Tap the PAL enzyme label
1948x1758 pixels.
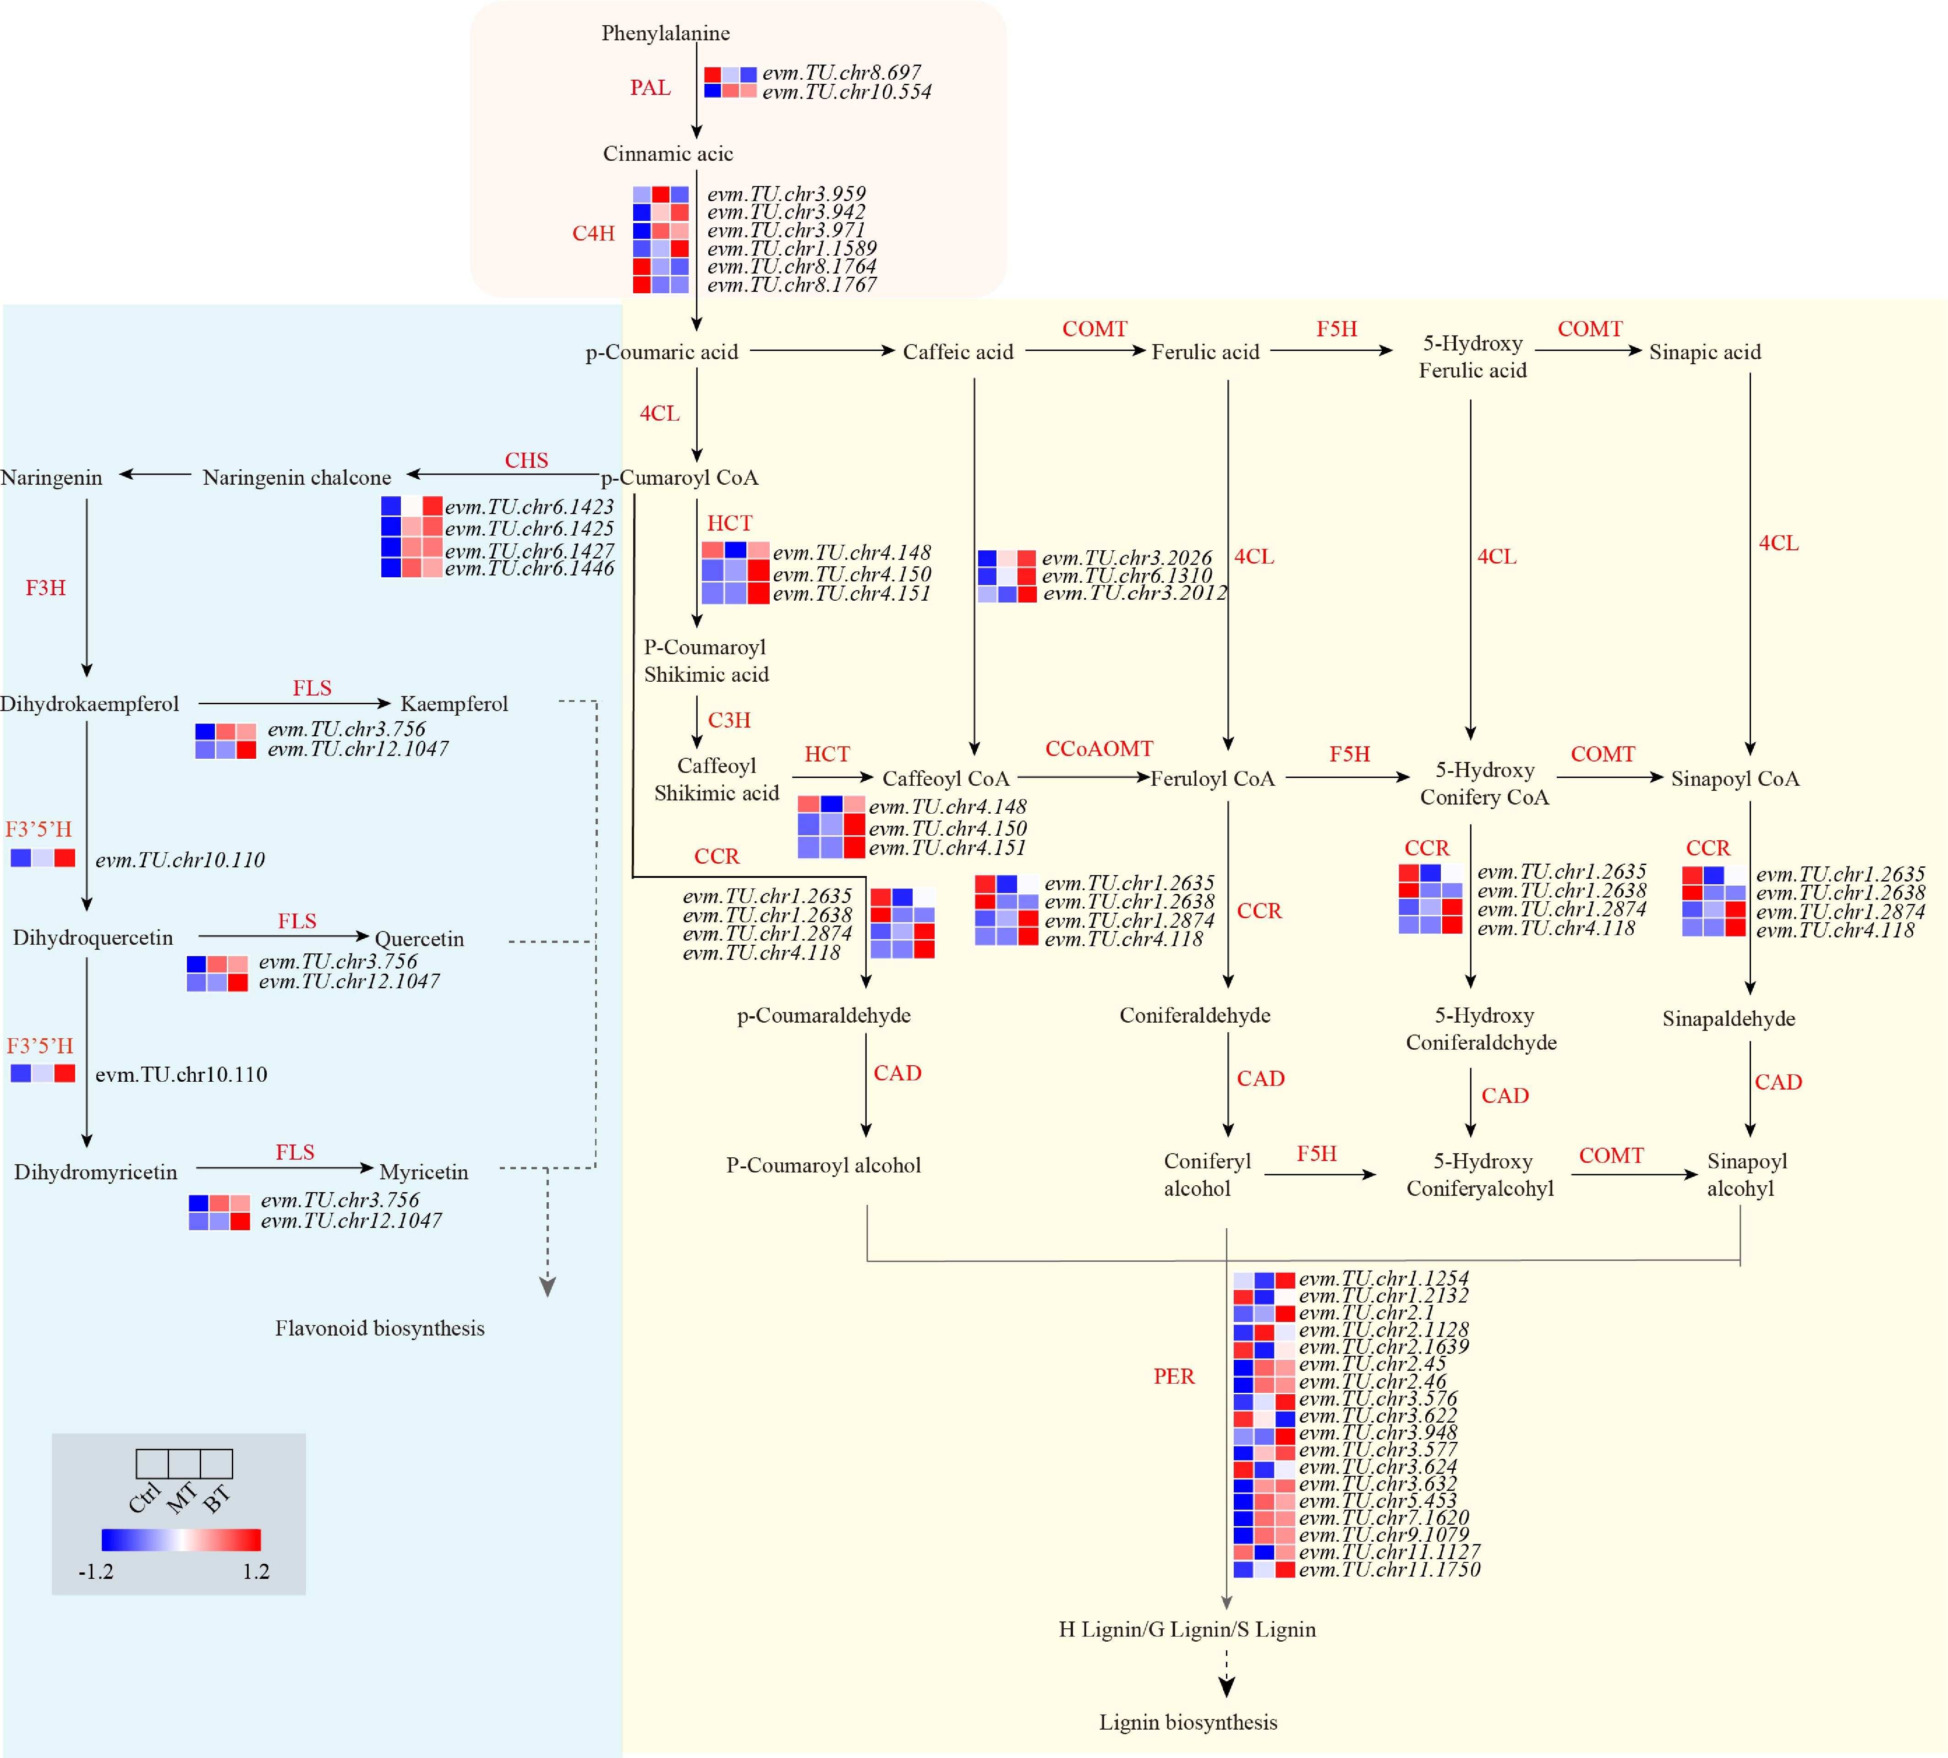(x=650, y=88)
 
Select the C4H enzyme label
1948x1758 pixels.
(x=593, y=233)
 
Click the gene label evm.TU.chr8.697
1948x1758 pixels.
(x=841, y=72)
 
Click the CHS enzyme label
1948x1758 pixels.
(x=526, y=460)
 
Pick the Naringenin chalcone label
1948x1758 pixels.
(x=296, y=477)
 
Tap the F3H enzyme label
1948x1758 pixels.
(x=45, y=587)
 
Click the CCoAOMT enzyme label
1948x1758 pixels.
(x=1099, y=749)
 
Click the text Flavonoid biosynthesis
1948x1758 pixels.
(x=379, y=1328)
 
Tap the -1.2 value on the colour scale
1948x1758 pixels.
(x=96, y=1572)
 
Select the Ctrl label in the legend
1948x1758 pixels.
(x=144, y=1497)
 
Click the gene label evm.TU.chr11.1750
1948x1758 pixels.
(x=1389, y=1570)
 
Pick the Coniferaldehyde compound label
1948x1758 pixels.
(x=1195, y=1015)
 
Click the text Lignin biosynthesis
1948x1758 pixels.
(x=1188, y=1722)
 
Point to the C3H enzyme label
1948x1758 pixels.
(x=729, y=720)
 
